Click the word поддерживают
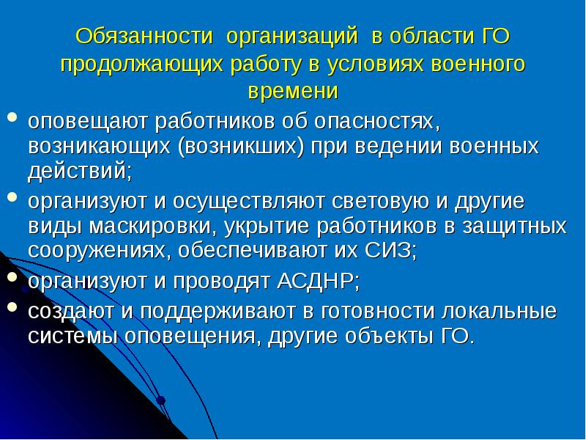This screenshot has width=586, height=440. (x=216, y=310)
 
